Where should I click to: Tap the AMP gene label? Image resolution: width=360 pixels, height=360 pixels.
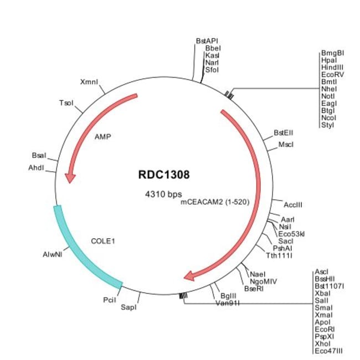103,136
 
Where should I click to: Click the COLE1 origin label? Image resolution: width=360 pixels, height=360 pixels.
105,241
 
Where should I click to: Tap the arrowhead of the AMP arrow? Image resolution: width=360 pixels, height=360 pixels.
70,177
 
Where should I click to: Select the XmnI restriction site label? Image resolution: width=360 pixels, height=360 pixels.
89,82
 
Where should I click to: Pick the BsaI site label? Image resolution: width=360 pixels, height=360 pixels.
39,157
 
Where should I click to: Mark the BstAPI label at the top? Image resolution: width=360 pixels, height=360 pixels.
207,41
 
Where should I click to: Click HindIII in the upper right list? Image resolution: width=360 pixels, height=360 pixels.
332,67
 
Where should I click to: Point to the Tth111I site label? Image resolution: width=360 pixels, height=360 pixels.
279,255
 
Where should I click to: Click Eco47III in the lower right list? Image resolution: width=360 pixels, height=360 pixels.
329,351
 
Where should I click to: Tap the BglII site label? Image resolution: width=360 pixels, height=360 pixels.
228,296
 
